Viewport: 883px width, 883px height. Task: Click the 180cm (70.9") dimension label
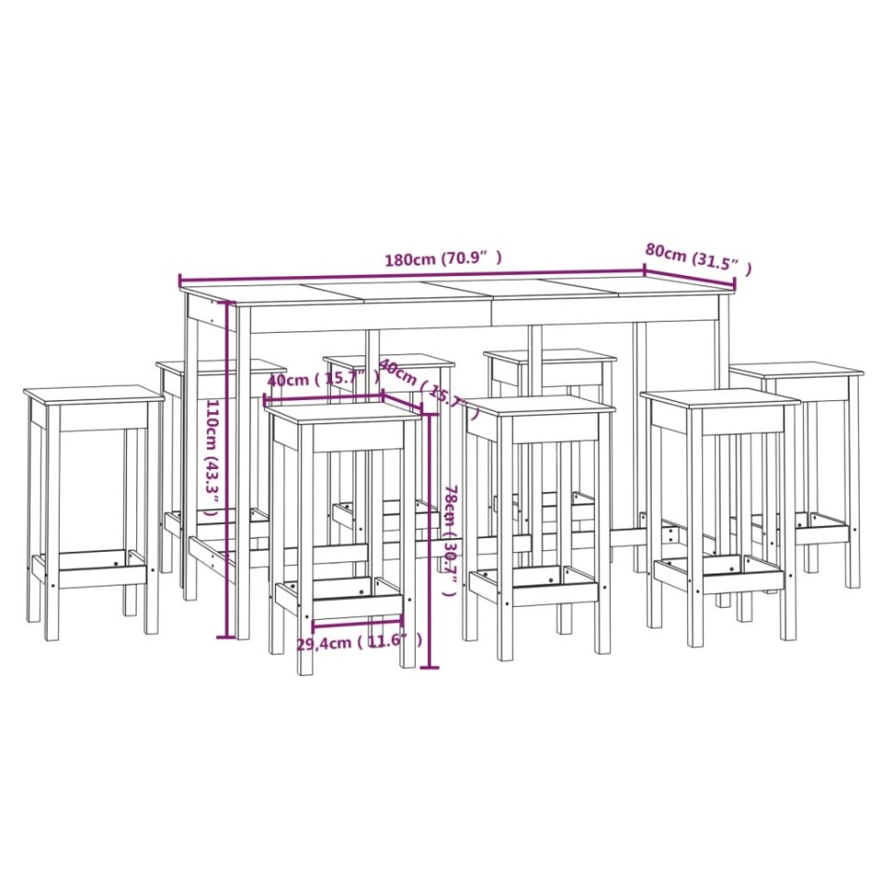pos(444,259)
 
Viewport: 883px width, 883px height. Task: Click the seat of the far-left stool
pos(93,394)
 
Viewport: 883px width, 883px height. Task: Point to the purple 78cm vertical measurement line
pos(429,541)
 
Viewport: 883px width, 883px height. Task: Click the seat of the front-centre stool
pos(539,407)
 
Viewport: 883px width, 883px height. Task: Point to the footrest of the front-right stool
pos(718,573)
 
